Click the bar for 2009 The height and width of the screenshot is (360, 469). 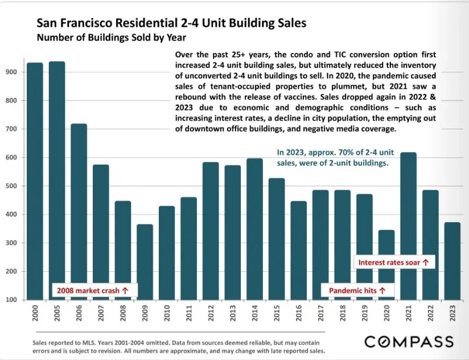pos(145,262)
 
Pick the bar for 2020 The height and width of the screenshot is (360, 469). pos(386,265)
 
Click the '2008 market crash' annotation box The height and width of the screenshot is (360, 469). pos(92,291)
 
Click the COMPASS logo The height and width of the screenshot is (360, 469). pos(409,342)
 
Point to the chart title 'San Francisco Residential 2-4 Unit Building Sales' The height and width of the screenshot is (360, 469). pos(171,24)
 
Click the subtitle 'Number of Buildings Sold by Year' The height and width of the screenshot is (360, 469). pos(111,38)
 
